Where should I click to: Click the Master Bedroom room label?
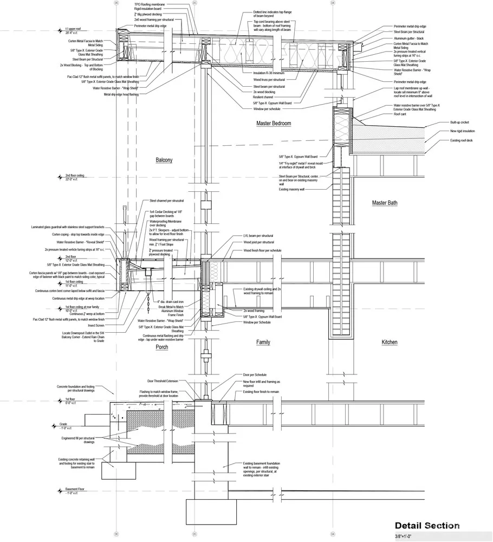pos(273,124)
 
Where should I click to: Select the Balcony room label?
pos(164,160)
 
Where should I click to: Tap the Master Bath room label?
pos(385,203)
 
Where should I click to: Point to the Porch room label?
pos(161,347)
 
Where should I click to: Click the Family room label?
pos(263,342)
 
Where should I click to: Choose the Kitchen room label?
pos(389,342)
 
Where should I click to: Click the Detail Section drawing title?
pos(427,525)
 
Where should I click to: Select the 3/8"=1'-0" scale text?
pos(408,536)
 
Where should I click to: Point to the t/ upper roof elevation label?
pos(73,28)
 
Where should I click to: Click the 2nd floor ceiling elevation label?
pos(75,177)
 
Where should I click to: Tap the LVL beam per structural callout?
pos(258,236)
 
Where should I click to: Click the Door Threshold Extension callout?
pos(163,381)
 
